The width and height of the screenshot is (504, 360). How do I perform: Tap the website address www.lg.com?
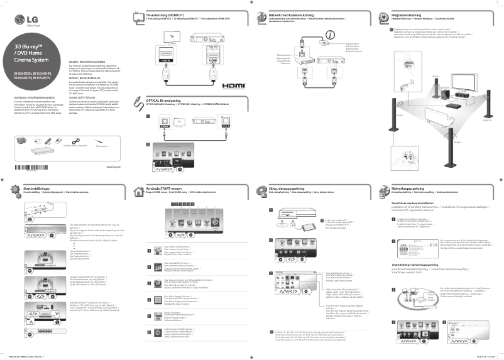[113, 167]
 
